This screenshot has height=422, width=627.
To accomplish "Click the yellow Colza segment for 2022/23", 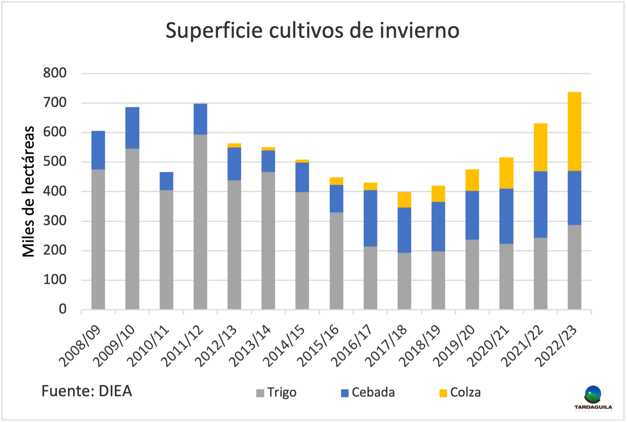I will coord(574,131).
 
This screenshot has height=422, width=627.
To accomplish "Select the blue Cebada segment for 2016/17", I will coord(370,218).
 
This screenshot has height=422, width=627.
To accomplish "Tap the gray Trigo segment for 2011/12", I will coord(200,222).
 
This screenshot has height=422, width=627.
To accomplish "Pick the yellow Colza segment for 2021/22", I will coord(540,147).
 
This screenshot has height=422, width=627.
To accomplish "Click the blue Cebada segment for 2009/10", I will coord(132,128).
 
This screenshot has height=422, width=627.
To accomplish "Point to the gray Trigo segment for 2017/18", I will coord(404,281).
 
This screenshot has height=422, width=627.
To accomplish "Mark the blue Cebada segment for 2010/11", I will coord(166,181).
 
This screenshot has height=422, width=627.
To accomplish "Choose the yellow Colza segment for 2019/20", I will coord(472,180).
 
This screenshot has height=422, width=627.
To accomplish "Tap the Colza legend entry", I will coord(460,393).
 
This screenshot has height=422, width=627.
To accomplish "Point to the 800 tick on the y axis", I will coord(55,73).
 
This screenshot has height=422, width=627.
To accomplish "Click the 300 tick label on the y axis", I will coord(55,220).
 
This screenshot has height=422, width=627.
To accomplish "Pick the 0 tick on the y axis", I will coord(63,309).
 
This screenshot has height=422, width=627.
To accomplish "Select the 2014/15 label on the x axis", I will coord(284,346).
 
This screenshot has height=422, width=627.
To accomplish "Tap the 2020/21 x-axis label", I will coord(488,346).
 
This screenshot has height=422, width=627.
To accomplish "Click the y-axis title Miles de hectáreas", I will coord(29,191).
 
